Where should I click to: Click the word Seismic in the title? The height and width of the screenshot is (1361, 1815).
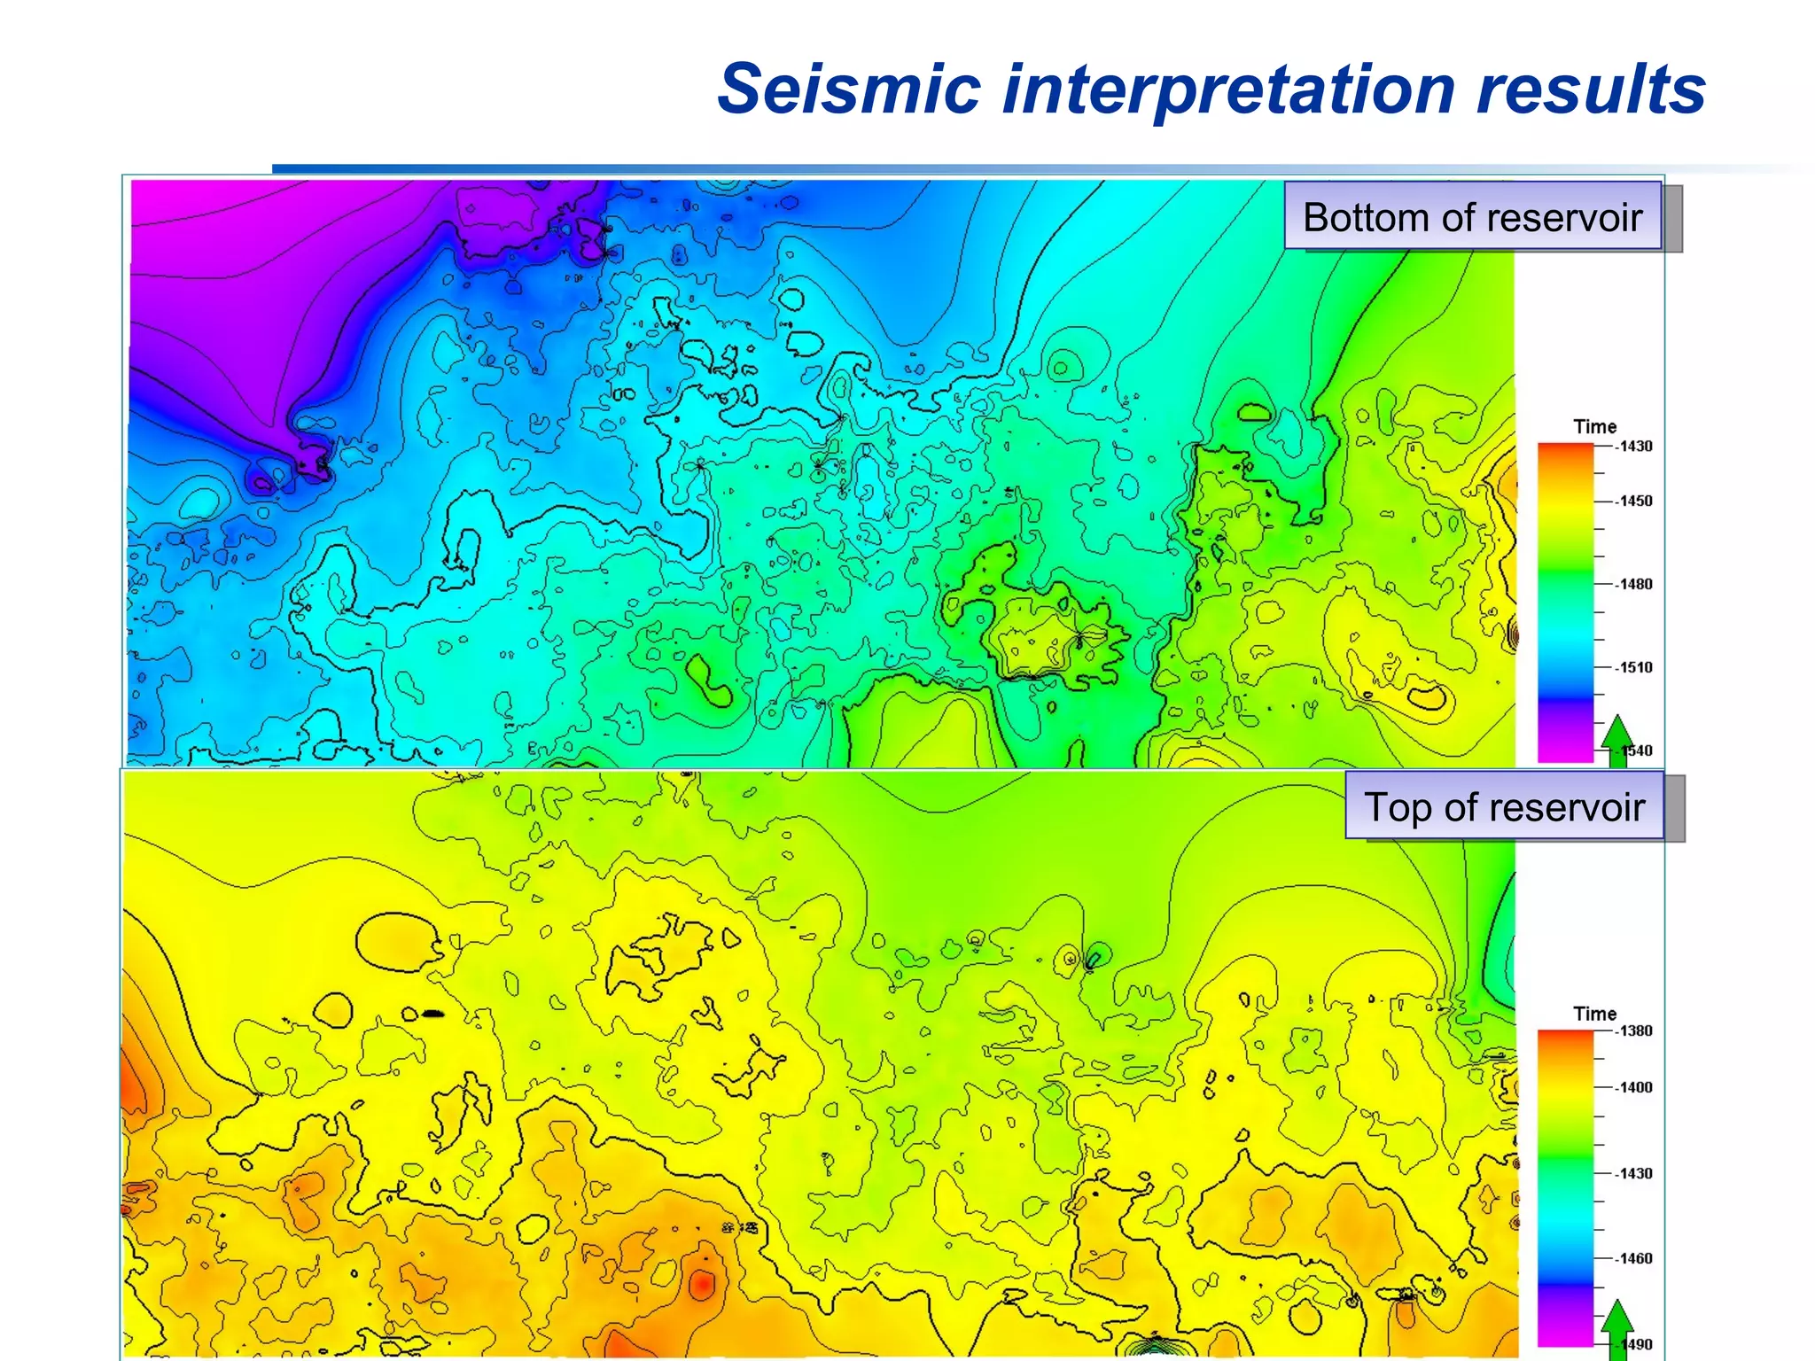pos(849,90)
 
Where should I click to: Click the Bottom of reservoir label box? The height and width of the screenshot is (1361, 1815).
pos(1472,216)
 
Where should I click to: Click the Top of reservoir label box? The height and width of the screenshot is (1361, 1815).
pos(1504,806)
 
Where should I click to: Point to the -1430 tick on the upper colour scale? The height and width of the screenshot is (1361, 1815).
pos(1633,447)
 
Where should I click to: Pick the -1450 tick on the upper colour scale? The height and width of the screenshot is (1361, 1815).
pos(1633,502)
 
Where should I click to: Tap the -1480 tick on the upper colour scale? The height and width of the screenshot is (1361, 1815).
pos(1633,585)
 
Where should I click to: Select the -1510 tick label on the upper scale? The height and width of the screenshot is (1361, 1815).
pos(1633,668)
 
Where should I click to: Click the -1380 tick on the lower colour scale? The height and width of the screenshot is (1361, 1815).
pos(1633,1031)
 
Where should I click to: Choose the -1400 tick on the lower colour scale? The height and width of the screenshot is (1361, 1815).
pos(1633,1088)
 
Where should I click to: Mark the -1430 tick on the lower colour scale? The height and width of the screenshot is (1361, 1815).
pos(1633,1174)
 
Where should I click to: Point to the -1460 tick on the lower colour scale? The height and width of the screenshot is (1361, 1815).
pos(1633,1259)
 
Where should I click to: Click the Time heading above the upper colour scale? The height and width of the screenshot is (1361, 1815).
pos(1594,427)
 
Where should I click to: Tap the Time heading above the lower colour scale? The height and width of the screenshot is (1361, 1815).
pos(1594,1014)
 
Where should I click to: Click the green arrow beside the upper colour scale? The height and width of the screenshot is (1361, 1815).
pos(1617,740)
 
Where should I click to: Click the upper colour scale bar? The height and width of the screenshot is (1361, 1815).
pos(1565,603)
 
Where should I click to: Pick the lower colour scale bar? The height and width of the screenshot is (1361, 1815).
pos(1565,1187)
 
